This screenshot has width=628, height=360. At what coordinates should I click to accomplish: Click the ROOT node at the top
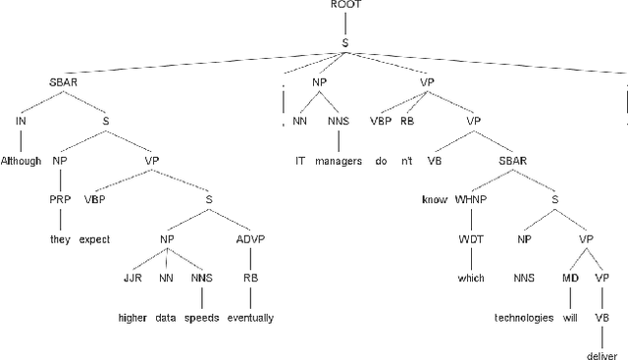344,6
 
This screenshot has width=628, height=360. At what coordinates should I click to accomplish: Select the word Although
22,159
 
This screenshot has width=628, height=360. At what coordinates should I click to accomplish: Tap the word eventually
250,317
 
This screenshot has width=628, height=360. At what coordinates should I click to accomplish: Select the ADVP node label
252,237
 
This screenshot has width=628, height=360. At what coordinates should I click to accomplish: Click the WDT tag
465,237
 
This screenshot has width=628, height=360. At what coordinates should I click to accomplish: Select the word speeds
202,317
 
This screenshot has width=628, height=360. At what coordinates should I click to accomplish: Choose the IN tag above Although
21,120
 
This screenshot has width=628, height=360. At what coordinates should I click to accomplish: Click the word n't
406,159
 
